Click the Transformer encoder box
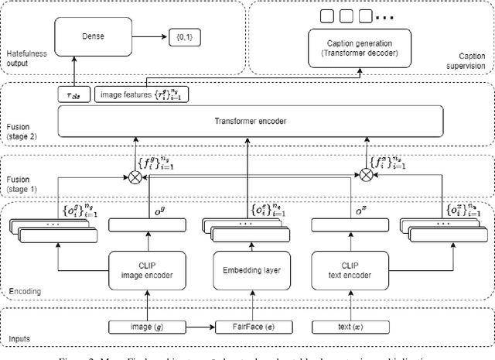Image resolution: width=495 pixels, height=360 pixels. [x=251, y=122]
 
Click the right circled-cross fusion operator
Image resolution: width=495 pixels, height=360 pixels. [x=367, y=176]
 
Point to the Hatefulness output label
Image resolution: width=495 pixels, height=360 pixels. [x=26, y=57]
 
